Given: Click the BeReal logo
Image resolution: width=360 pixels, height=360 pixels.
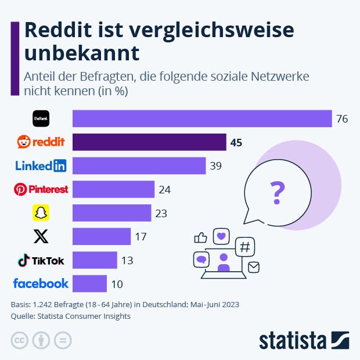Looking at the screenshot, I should click(40, 118).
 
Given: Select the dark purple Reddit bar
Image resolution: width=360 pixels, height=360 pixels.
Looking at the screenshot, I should click(149, 142).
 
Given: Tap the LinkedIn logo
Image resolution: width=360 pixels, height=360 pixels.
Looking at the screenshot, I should click(41, 166).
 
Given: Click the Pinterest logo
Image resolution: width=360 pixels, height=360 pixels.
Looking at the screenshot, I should click(41, 189).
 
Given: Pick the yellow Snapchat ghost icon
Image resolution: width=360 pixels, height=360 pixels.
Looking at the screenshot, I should click(40, 213).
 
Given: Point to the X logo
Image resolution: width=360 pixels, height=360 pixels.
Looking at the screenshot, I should click(41, 236).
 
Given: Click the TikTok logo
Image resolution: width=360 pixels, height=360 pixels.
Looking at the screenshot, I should click(41, 260).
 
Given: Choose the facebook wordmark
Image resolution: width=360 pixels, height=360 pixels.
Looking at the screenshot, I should click(41, 283).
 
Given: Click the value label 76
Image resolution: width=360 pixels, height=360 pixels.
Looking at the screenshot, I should click(341, 119).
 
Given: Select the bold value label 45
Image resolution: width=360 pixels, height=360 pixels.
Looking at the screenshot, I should click(236, 142).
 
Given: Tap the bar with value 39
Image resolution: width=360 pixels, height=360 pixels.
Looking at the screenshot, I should click(139, 166).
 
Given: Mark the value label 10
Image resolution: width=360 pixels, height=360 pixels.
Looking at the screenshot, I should click(117, 284).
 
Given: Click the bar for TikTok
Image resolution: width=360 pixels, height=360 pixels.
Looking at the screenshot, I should click(95, 260).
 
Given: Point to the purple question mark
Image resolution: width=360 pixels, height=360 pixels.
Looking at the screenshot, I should click(278, 191).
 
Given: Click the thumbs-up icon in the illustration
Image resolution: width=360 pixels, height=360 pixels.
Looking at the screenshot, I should click(201, 237).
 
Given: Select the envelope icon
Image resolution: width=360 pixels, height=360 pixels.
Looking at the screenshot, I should click(253, 267).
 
